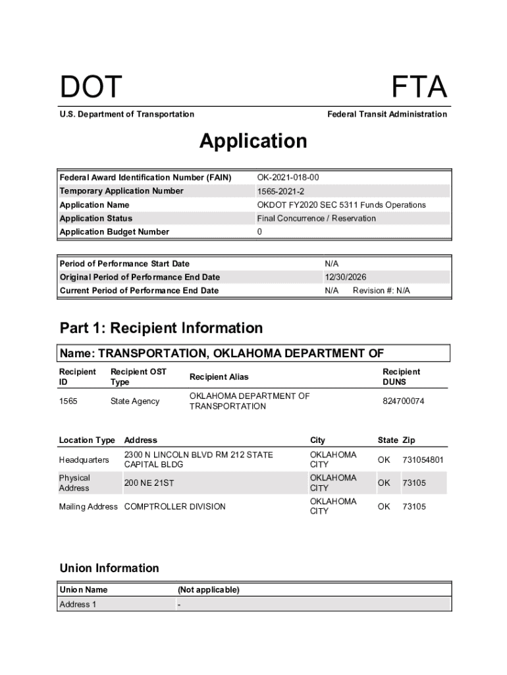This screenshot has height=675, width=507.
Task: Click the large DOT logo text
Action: tap(91, 88)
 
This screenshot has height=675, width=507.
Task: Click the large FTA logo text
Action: tap(419, 88)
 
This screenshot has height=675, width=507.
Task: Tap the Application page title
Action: tap(253, 141)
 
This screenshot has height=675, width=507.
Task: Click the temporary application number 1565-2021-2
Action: tap(281, 191)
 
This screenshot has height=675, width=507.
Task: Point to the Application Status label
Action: tap(96, 218)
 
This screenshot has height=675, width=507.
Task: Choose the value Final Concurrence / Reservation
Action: tap(316, 218)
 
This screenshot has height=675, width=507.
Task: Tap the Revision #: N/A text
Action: tap(381, 291)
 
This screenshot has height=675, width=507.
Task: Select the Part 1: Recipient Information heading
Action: tap(161, 328)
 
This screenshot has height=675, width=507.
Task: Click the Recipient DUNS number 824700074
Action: tap(404, 401)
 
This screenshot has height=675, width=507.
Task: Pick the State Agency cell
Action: tap(135, 401)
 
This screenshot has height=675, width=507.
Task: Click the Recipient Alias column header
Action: tap(219, 377)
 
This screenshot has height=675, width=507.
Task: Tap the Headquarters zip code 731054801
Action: tap(423, 459)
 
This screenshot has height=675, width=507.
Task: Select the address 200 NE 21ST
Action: tap(149, 483)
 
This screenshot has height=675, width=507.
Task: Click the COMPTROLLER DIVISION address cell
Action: tap(174, 506)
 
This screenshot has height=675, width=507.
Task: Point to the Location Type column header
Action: tap(87, 440)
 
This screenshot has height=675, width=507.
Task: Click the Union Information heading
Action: tap(109, 568)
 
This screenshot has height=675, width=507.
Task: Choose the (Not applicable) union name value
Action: tap(208, 589)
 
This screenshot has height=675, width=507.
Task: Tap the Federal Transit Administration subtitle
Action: tap(387, 114)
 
